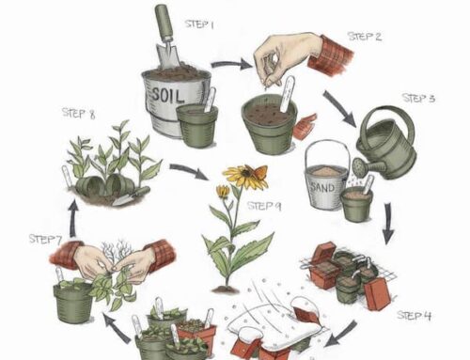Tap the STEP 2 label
(x=365, y=37)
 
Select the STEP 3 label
(x=419, y=98)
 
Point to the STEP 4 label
(x=414, y=314)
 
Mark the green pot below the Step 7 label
(x=73, y=300)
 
